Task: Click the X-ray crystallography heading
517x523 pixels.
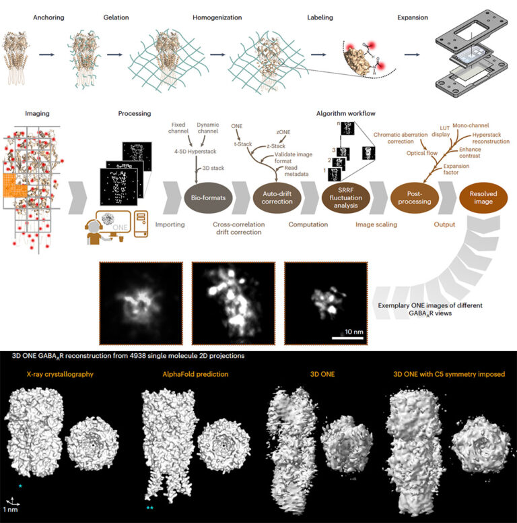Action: coord(57,373)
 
